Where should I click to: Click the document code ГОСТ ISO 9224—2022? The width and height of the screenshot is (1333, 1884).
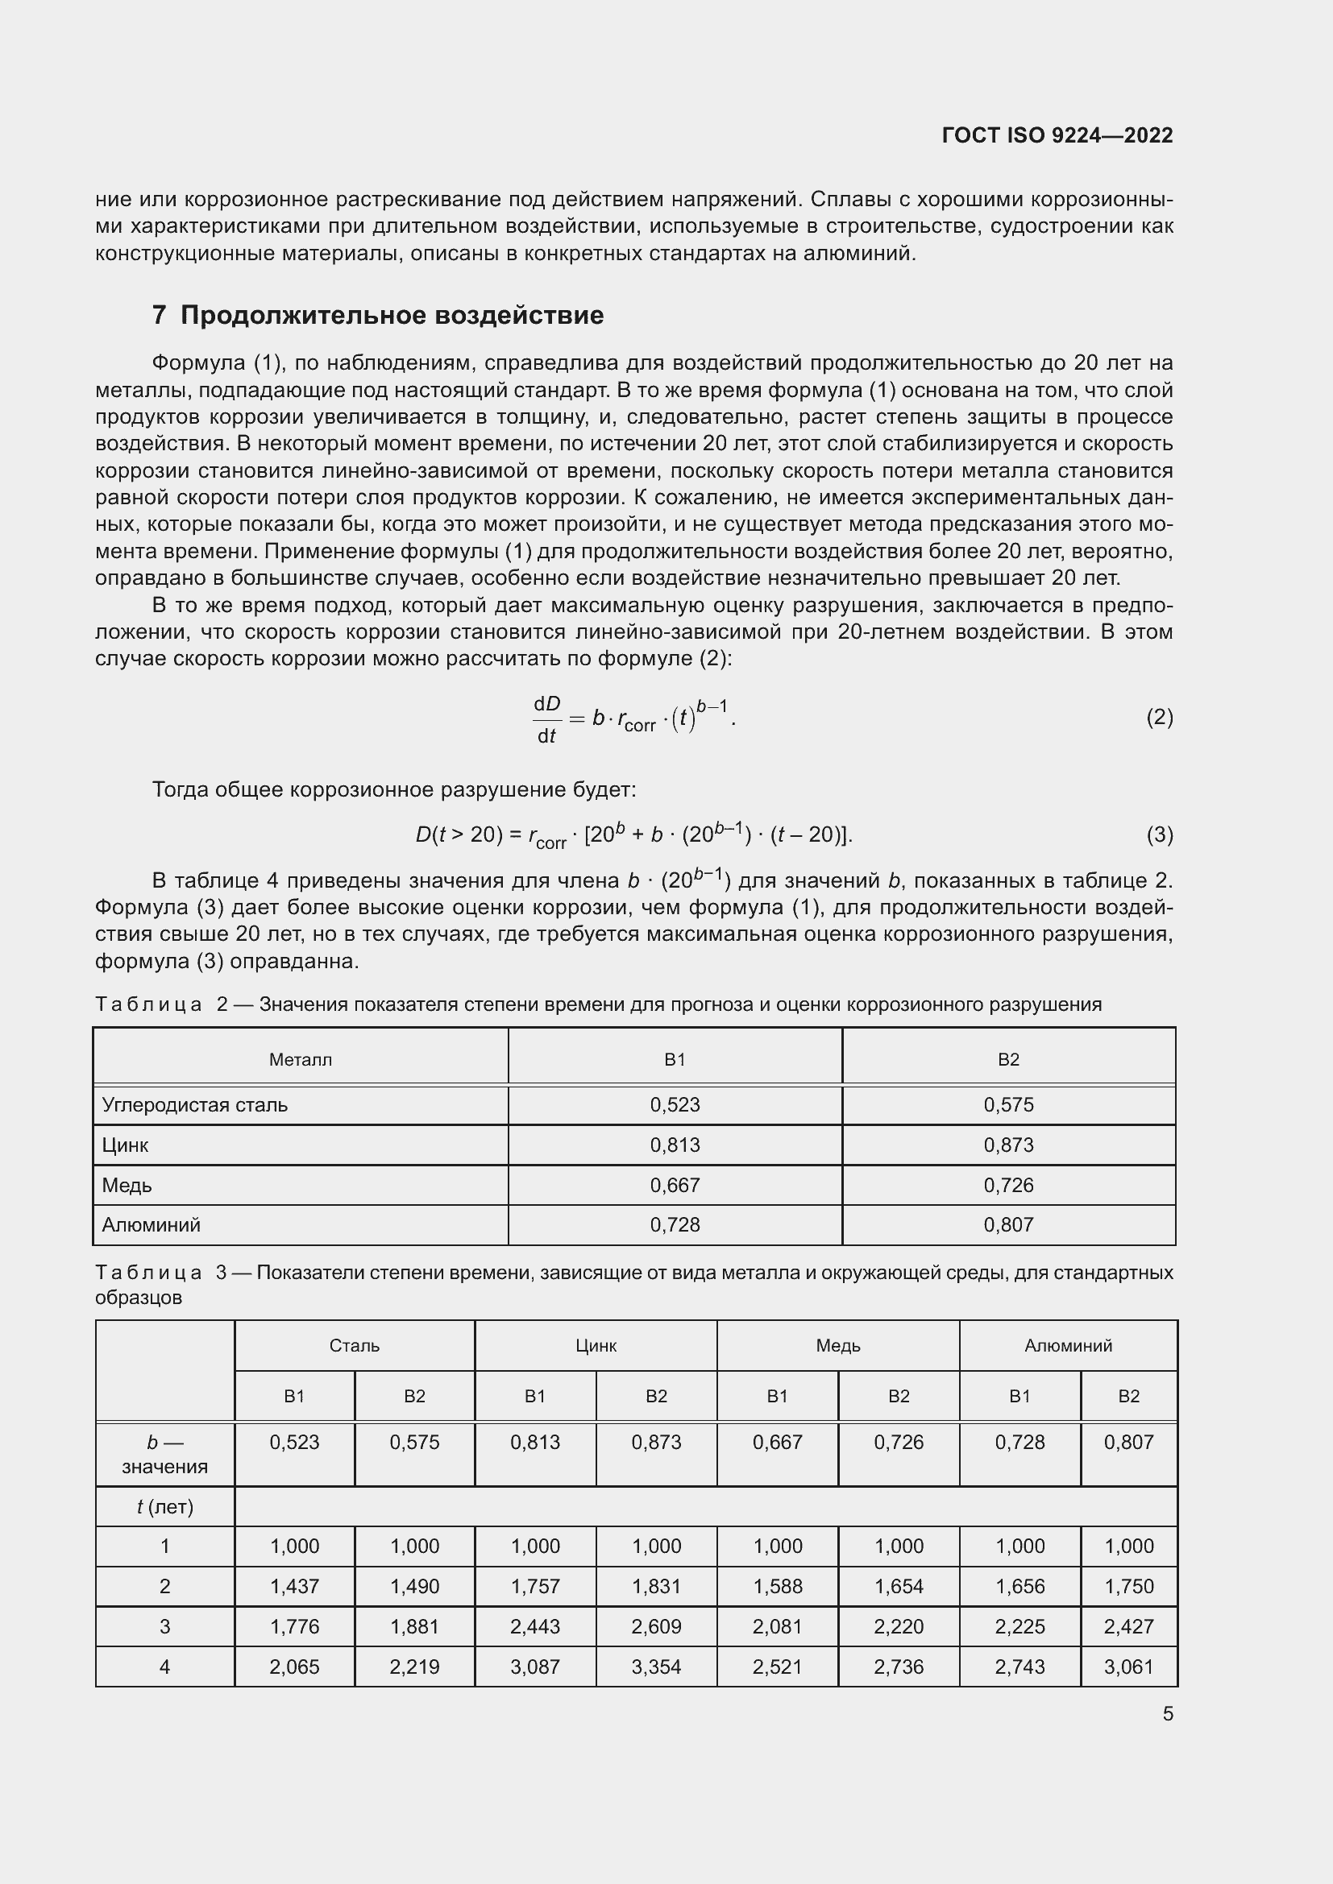(x=1057, y=135)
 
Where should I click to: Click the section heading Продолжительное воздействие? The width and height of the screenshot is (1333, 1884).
(x=392, y=315)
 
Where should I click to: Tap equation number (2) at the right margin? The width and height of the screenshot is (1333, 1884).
(x=1159, y=717)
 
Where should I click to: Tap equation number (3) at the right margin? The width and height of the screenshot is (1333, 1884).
(x=1159, y=834)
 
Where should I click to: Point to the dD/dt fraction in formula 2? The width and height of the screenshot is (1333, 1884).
(x=546, y=718)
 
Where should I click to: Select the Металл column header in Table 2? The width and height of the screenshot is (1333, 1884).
(x=301, y=1059)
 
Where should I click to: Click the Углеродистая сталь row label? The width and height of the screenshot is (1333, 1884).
(x=194, y=1104)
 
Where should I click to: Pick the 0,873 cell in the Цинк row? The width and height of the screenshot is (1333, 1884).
(x=1008, y=1145)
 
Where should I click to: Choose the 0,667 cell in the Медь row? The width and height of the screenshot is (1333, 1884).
(x=675, y=1185)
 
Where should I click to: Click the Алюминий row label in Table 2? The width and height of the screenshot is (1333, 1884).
(x=151, y=1225)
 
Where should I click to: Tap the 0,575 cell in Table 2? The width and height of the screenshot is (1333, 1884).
(x=1008, y=1104)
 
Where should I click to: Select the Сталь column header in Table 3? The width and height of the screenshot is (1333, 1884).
(x=354, y=1346)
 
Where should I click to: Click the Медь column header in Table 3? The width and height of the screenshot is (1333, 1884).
(x=837, y=1346)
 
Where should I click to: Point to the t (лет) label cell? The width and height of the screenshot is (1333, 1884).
(x=165, y=1506)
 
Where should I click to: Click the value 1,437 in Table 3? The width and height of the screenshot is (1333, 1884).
(x=294, y=1586)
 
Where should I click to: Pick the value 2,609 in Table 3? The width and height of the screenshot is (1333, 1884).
(x=656, y=1626)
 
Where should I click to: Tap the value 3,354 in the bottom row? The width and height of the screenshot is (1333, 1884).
(x=656, y=1667)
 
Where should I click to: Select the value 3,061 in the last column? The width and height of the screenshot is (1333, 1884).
(x=1128, y=1667)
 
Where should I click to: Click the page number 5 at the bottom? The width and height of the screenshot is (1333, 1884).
(x=1167, y=1714)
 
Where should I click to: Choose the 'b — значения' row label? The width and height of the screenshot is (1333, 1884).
(x=165, y=1454)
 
